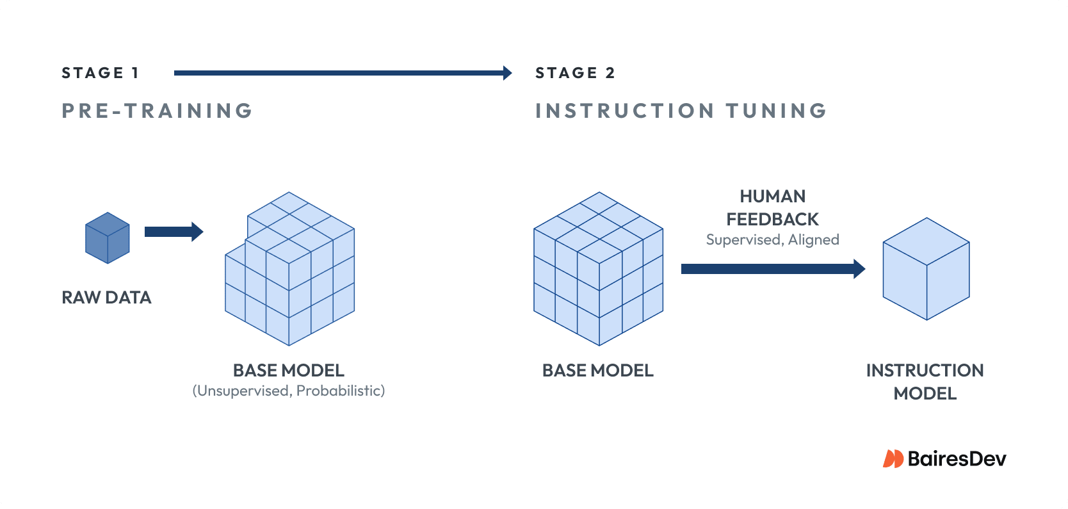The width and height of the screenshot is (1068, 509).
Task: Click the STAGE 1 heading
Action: [100, 73]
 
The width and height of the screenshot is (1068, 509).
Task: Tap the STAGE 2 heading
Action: [575, 73]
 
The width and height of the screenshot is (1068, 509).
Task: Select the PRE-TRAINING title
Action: [158, 111]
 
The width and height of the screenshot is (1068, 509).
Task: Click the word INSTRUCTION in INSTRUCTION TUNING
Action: [624, 111]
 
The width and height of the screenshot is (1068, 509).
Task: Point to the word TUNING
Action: [776, 111]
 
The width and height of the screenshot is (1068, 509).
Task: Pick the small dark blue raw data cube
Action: [108, 238]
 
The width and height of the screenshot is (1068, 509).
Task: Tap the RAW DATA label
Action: [106, 298]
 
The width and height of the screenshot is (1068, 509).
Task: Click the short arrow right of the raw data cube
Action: [174, 232]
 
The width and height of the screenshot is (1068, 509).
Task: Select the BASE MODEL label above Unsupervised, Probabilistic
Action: [289, 371]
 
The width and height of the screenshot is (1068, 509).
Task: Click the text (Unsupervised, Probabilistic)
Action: [289, 391]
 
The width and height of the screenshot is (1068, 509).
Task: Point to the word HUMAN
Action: [773, 197]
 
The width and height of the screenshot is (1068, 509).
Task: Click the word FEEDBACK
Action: [772, 220]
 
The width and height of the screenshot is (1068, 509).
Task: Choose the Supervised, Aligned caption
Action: [772, 239]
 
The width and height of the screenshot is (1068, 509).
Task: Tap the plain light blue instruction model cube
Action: [926, 269]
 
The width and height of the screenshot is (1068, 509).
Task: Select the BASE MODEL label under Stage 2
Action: [598, 371]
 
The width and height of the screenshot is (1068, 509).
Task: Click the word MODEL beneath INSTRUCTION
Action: [925, 394]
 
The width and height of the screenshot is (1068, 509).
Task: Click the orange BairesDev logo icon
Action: [893, 458]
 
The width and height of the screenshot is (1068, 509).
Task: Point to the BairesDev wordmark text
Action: [957, 458]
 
